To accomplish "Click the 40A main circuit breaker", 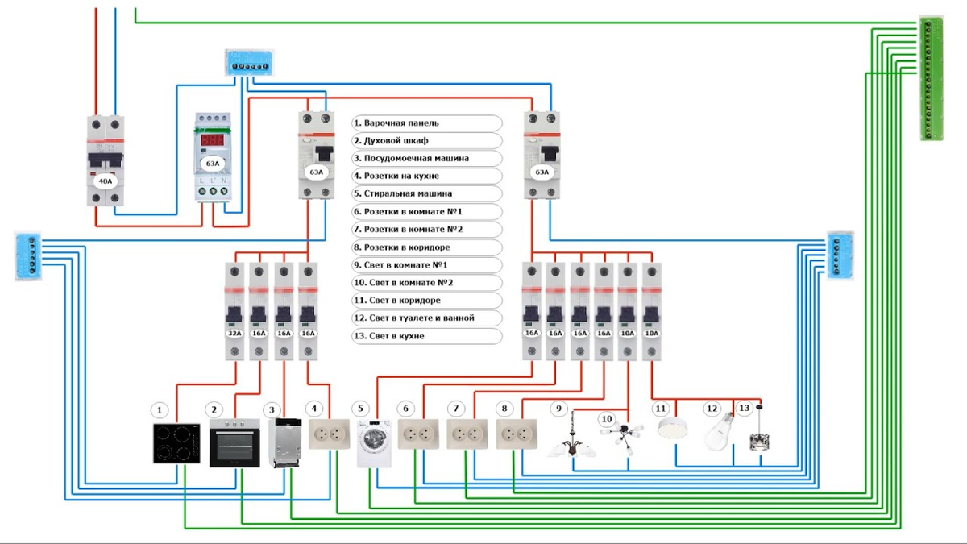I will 107,161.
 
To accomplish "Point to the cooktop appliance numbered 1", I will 177,443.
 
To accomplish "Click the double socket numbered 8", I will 517,434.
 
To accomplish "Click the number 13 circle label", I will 744,409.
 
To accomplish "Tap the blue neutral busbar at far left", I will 27,256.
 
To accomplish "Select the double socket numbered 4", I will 329,434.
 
